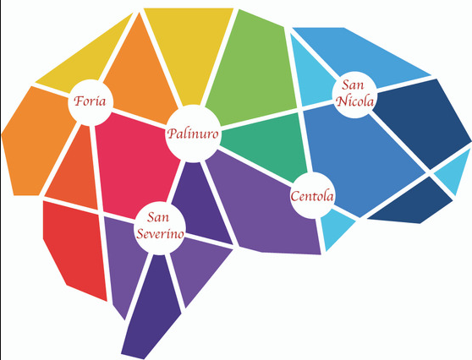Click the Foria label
[x=90, y=101]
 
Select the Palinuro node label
[x=193, y=134]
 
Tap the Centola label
[x=312, y=196]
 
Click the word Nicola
[x=355, y=101]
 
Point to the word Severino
[x=160, y=234]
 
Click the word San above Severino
[x=158, y=217]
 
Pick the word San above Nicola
[x=353, y=85]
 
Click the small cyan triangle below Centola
[x=335, y=228]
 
